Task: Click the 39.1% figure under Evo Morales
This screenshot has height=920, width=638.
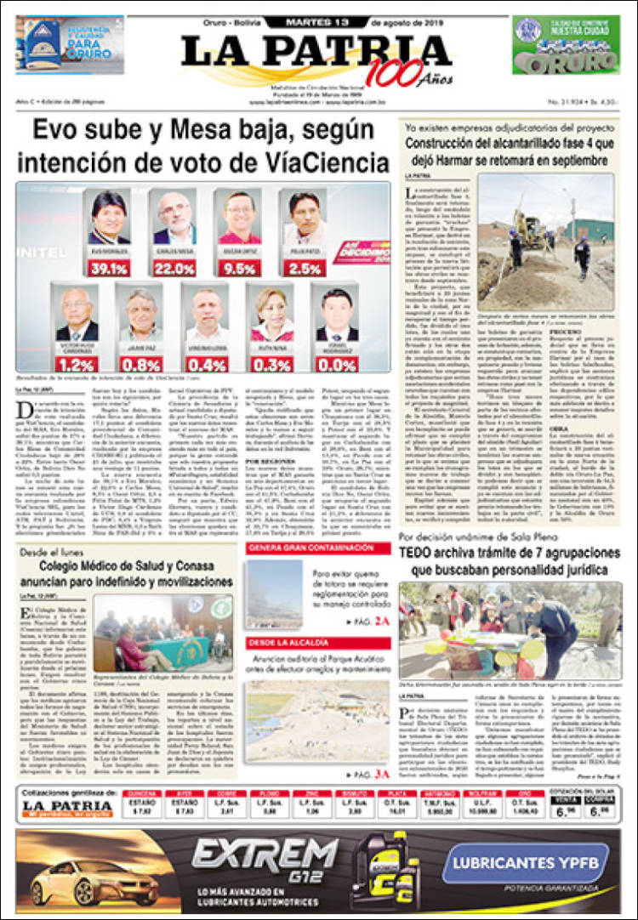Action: coord(107,267)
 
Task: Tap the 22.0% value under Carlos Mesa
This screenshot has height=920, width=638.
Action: coord(174,267)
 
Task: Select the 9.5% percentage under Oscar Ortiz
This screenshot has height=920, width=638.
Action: coord(239,267)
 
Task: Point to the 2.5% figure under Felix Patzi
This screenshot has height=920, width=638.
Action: coord(304,267)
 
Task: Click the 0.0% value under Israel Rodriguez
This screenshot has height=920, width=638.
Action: coord(337,364)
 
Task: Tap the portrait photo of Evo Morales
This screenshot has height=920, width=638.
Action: coord(108,219)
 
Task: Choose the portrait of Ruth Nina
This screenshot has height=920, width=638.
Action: coord(272,316)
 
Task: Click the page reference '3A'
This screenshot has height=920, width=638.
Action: coord(383,774)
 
